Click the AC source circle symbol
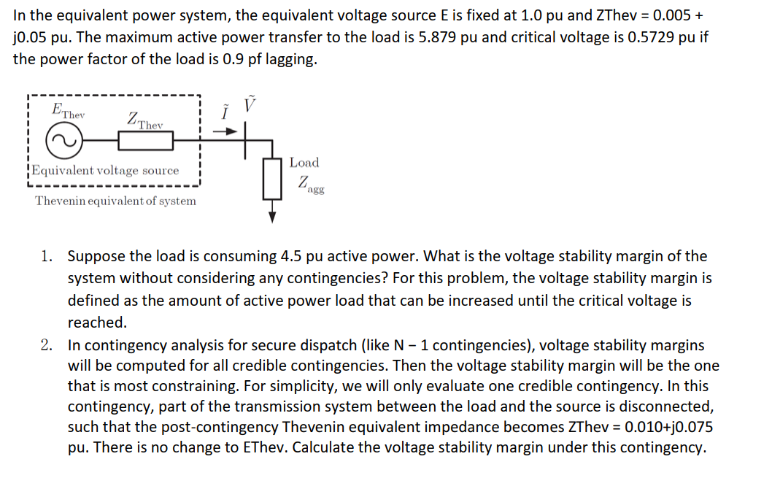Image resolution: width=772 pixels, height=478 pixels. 63,141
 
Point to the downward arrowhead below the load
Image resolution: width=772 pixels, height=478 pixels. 272,217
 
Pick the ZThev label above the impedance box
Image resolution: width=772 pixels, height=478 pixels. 144,120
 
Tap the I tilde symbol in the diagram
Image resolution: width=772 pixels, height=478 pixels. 226,113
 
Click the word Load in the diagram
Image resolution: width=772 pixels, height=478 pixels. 304,163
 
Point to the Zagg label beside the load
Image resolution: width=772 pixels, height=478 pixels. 310,185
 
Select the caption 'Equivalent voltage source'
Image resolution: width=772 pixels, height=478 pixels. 104,171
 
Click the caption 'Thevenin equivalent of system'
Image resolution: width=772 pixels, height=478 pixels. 115,201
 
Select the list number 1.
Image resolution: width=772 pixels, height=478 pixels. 47,256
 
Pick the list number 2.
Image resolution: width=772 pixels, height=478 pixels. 47,344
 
